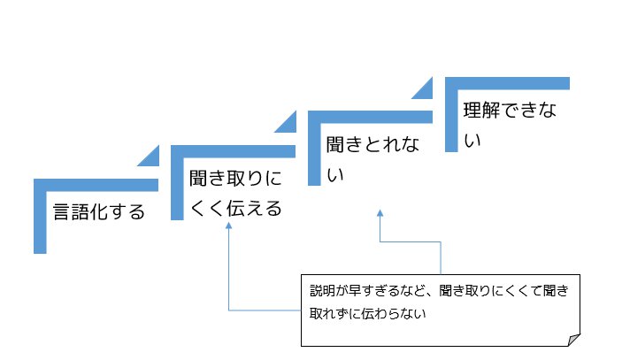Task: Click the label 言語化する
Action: (x=98, y=212)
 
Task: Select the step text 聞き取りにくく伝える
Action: (x=235, y=194)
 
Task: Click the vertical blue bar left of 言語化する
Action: (x=39, y=217)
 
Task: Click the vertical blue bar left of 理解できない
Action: (x=449, y=115)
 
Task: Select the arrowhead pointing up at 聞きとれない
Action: (x=380, y=213)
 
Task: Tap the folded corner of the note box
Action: (x=574, y=340)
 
